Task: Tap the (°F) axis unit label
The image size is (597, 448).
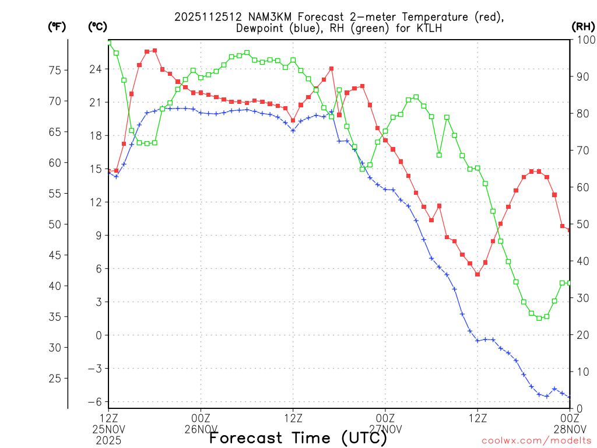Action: click(57, 27)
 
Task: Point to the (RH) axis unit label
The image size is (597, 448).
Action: click(583, 27)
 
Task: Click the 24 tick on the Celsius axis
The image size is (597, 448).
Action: click(95, 69)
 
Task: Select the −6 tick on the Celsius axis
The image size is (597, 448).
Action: click(94, 401)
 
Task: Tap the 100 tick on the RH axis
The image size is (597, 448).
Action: click(584, 40)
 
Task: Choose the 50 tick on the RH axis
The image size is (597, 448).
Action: click(581, 224)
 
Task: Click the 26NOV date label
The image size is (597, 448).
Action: click(201, 429)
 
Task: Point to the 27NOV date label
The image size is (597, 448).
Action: click(385, 429)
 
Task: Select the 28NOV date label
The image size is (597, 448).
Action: click(569, 429)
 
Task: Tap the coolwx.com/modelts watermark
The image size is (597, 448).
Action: click(536, 440)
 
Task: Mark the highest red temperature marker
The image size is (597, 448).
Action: click(154, 51)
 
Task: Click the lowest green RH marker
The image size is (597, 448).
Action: click(539, 318)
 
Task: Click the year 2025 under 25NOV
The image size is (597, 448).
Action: click(108, 439)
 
